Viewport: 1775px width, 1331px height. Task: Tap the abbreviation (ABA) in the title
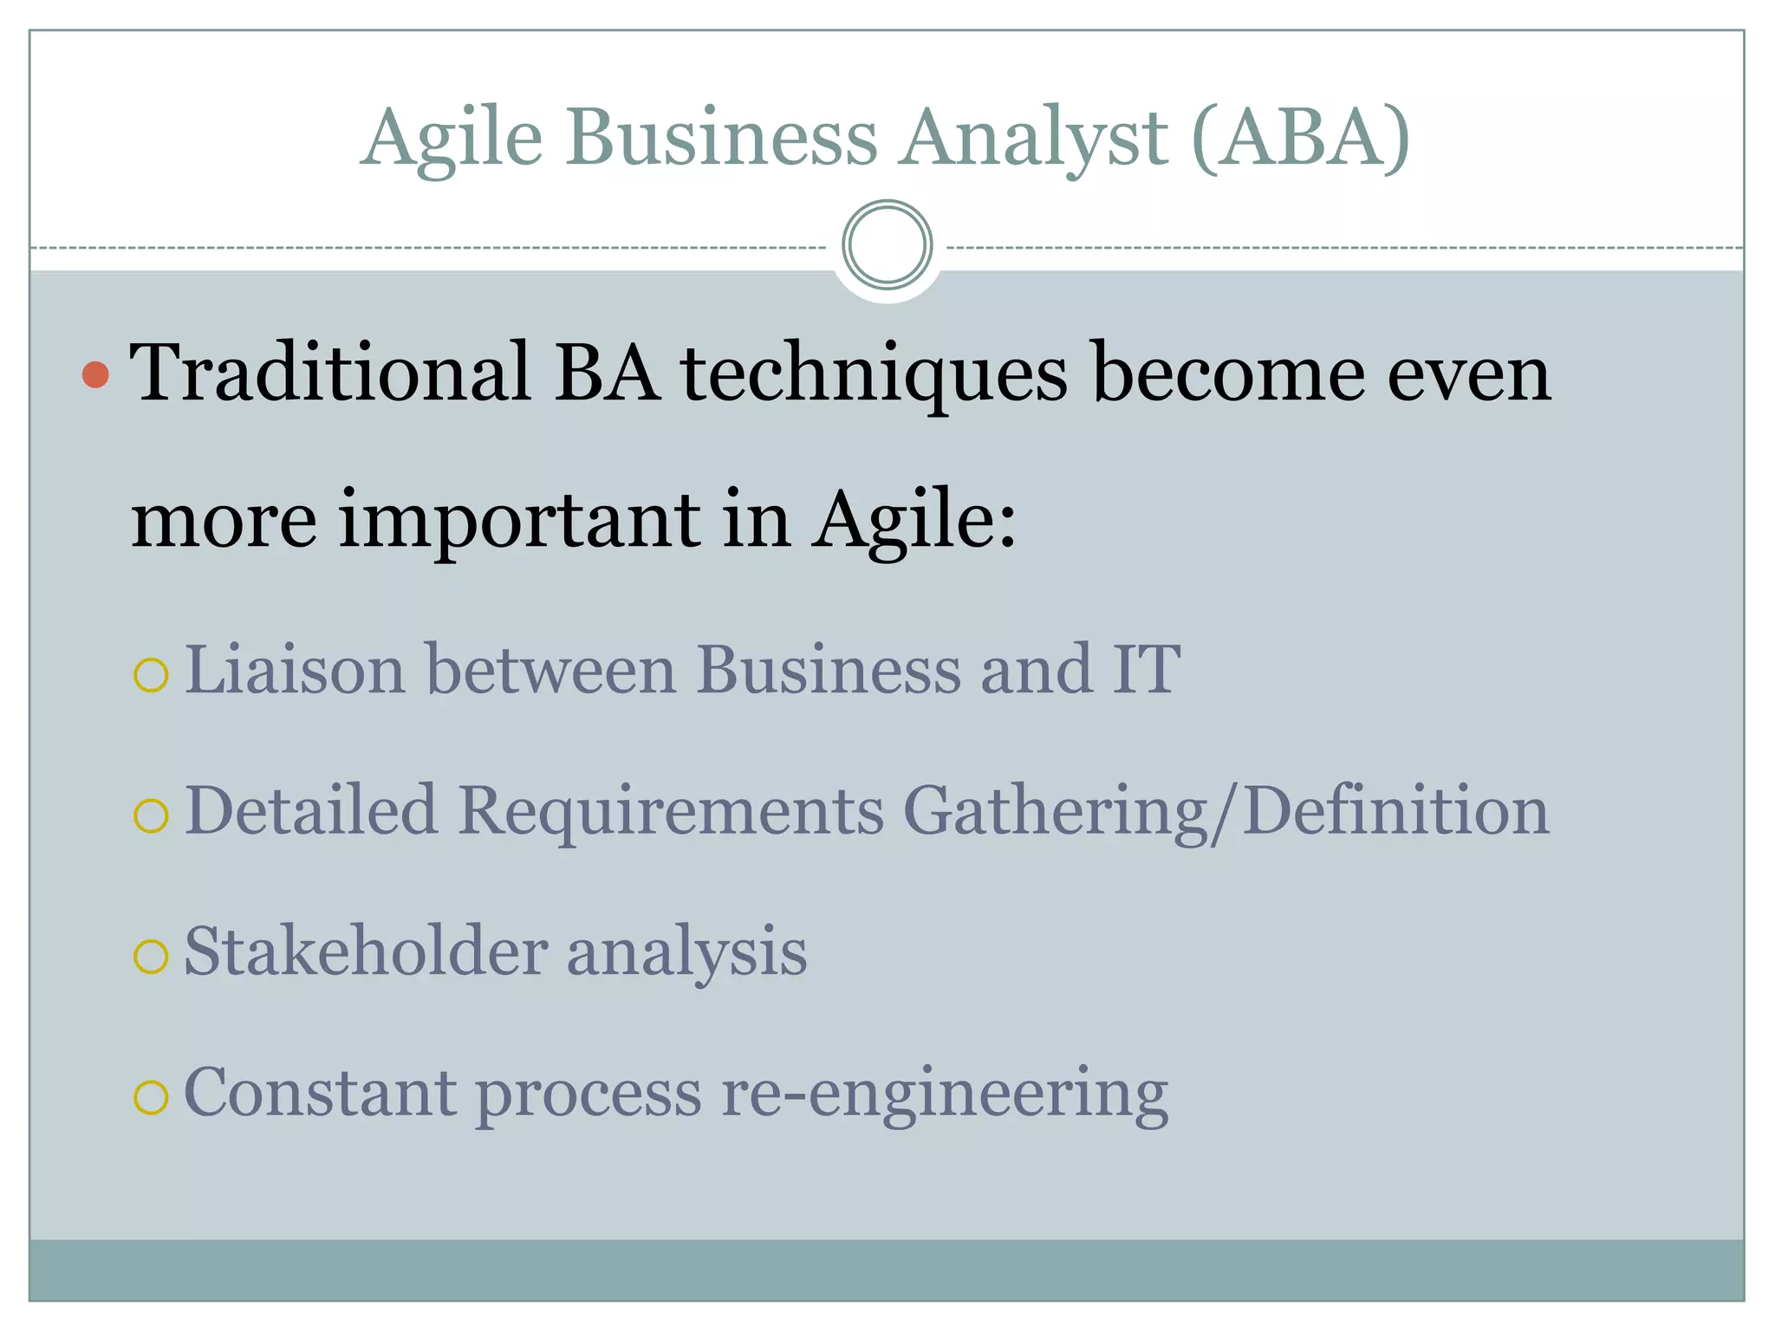pyautogui.click(x=1301, y=139)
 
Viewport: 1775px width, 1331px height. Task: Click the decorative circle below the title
pyautogui.click(x=887, y=245)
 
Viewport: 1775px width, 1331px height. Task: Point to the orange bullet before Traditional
pyautogui.click(x=95, y=374)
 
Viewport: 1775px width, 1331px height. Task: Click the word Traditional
pyautogui.click(x=330, y=373)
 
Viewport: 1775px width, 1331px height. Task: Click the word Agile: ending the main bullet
pyautogui.click(x=915, y=520)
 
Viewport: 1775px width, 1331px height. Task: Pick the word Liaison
pyautogui.click(x=295, y=669)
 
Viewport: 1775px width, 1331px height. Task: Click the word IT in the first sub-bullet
pyautogui.click(x=1146, y=669)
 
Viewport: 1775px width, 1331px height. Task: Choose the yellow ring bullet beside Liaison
pyautogui.click(x=151, y=675)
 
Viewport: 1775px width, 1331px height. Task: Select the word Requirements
pyautogui.click(x=671, y=811)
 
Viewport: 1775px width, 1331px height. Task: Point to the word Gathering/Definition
pyautogui.click(x=1226, y=811)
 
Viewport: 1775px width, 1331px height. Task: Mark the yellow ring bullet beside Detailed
pyautogui.click(x=151, y=815)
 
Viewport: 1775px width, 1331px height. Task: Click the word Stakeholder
pyautogui.click(x=366, y=951)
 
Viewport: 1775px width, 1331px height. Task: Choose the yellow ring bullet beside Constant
pyautogui.click(x=151, y=1098)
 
